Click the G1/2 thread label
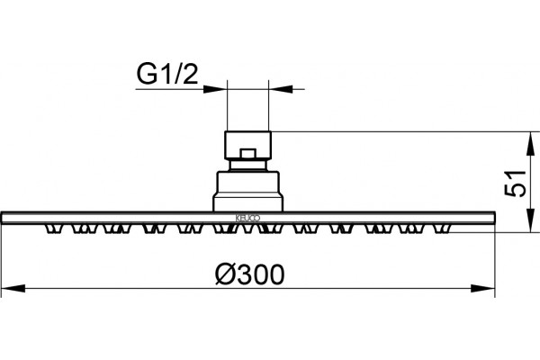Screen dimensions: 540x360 point(167,75)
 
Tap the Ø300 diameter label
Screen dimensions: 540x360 point(250,274)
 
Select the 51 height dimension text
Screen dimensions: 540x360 point(516,184)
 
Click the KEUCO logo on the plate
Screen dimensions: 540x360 point(247,218)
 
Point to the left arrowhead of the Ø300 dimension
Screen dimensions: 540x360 point(13,288)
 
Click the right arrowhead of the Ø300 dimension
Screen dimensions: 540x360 point(482,288)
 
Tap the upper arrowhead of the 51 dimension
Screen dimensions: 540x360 point(531,143)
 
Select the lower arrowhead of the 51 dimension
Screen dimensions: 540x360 point(531,220)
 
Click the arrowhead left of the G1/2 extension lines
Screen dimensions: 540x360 point(215,89)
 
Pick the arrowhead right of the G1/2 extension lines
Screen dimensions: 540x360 point(281,89)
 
